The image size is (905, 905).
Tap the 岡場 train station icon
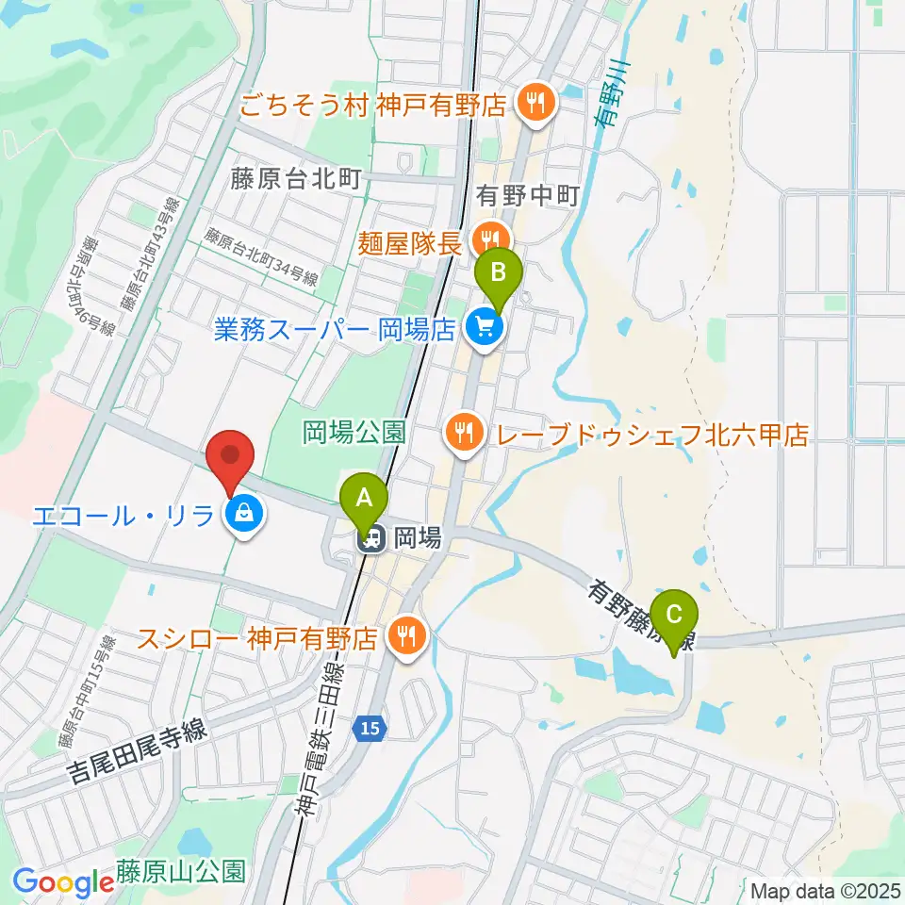point(372,538)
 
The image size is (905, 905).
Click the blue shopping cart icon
point(485,328)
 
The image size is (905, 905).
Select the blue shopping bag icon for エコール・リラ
point(244,514)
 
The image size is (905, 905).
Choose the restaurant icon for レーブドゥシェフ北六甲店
point(462,434)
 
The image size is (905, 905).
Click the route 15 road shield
point(370,728)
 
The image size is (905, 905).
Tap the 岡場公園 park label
point(354,433)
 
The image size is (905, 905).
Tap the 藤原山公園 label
point(181,869)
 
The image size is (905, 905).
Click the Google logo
point(64,883)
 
